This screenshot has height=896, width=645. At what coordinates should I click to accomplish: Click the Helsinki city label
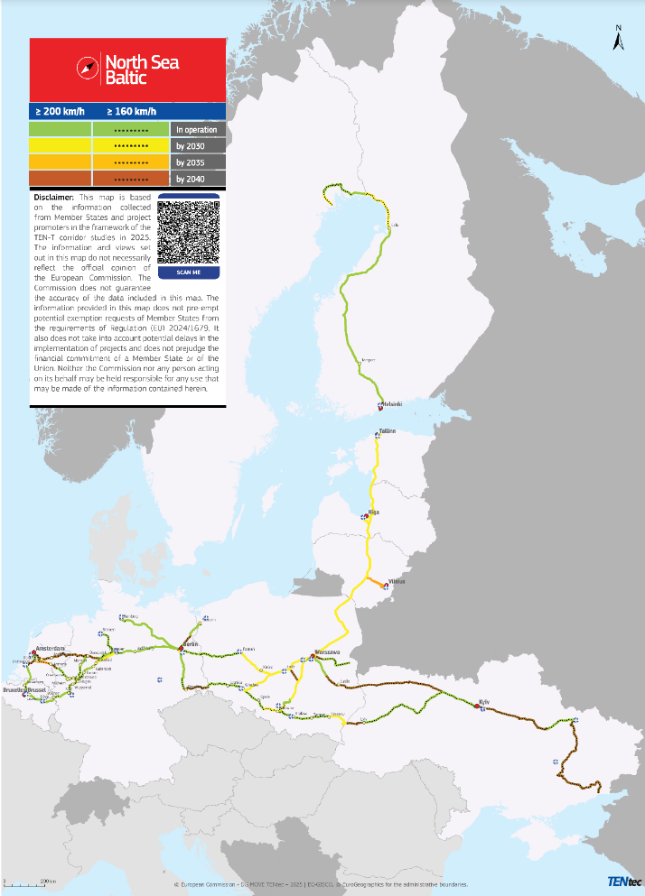tap(392, 403)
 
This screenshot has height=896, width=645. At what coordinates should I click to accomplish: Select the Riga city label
tap(374, 512)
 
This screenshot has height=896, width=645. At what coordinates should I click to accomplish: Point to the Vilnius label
tap(397, 582)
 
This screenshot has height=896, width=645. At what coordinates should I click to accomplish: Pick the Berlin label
tap(191, 644)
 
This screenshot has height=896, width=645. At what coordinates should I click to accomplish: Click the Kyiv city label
tap(484, 701)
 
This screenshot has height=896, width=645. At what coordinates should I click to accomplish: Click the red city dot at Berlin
tap(183, 645)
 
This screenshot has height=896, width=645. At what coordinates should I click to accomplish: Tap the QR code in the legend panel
tap(189, 231)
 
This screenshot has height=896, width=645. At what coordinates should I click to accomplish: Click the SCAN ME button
tap(189, 272)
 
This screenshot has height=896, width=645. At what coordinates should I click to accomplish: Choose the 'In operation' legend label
tap(197, 130)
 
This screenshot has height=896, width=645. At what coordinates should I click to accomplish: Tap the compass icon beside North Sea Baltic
tap(88, 69)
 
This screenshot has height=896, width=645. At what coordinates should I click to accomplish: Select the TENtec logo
tap(622, 882)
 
